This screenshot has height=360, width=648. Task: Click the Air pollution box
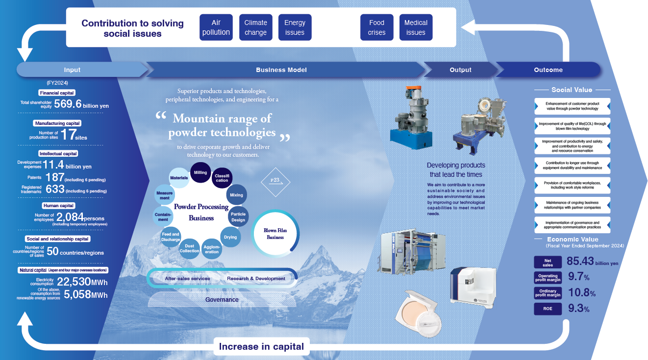click(216, 27)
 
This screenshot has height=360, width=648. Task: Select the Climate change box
click(255, 27)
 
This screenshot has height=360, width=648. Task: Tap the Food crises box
click(376, 27)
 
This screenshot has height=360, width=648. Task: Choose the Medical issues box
click(416, 27)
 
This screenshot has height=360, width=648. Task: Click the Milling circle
click(200, 172)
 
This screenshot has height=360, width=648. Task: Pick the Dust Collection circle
click(189, 248)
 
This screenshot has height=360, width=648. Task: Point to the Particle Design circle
click(238, 217)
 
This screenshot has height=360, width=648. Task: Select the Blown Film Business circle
click(275, 233)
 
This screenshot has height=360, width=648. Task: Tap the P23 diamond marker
click(275, 181)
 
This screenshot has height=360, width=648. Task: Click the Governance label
click(222, 299)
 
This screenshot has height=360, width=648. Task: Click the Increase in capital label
click(261, 347)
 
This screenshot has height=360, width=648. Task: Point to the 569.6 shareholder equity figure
click(68, 104)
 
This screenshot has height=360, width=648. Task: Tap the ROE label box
click(548, 309)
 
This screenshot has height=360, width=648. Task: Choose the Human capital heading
click(58, 206)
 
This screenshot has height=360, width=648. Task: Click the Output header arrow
click(460, 70)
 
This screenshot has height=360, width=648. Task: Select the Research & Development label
click(256, 279)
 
